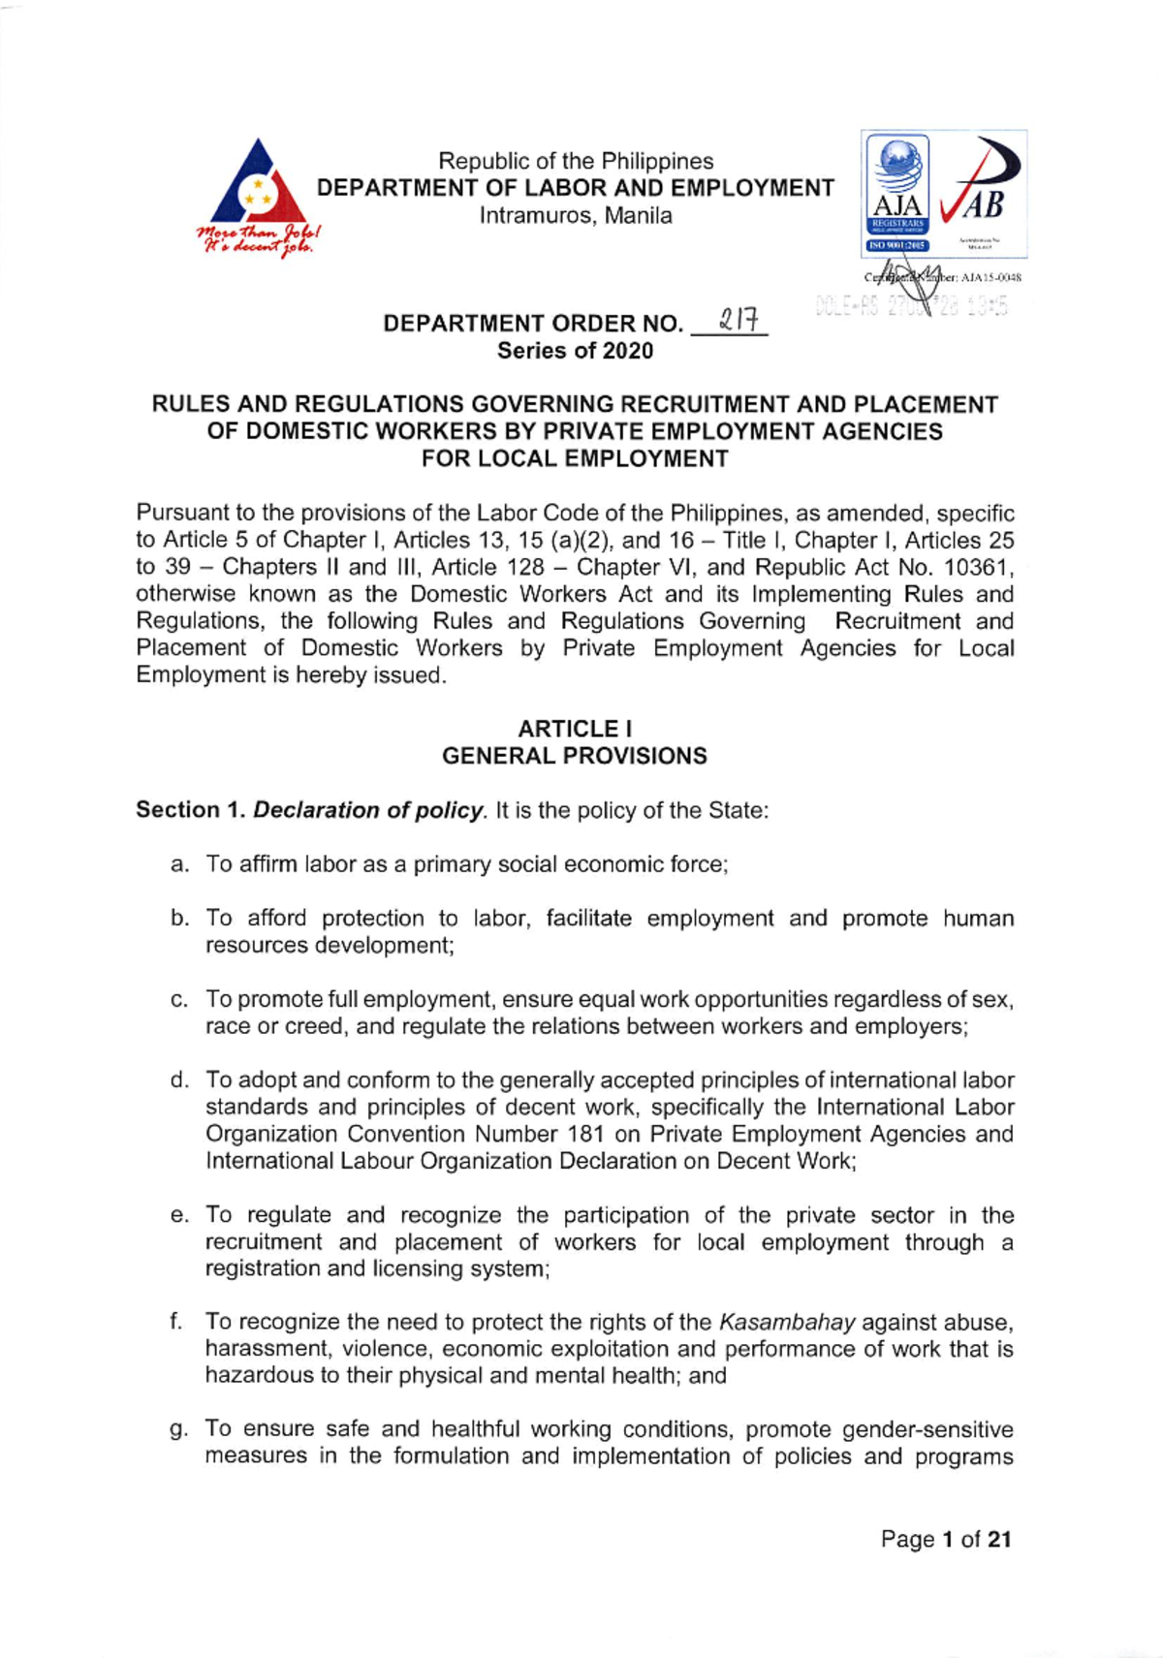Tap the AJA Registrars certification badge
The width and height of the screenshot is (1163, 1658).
(896, 194)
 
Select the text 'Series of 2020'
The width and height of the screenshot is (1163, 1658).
(575, 351)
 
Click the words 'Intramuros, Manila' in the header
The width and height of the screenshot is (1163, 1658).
(576, 215)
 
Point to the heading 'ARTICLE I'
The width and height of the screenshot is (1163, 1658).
(575, 729)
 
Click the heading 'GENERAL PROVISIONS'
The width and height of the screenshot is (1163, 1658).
(575, 756)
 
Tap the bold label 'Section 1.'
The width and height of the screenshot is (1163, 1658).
(191, 810)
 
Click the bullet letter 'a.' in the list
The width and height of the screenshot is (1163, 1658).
(179, 864)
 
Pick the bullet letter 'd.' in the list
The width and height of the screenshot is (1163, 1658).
(179, 1080)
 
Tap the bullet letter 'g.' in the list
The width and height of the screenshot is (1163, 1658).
(179, 1429)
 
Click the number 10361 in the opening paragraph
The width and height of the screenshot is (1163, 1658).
(977, 567)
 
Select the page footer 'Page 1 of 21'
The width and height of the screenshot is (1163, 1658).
(946, 1539)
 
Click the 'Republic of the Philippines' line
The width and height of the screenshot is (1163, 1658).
(576, 161)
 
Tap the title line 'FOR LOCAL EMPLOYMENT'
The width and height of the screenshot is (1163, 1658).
(575, 458)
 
